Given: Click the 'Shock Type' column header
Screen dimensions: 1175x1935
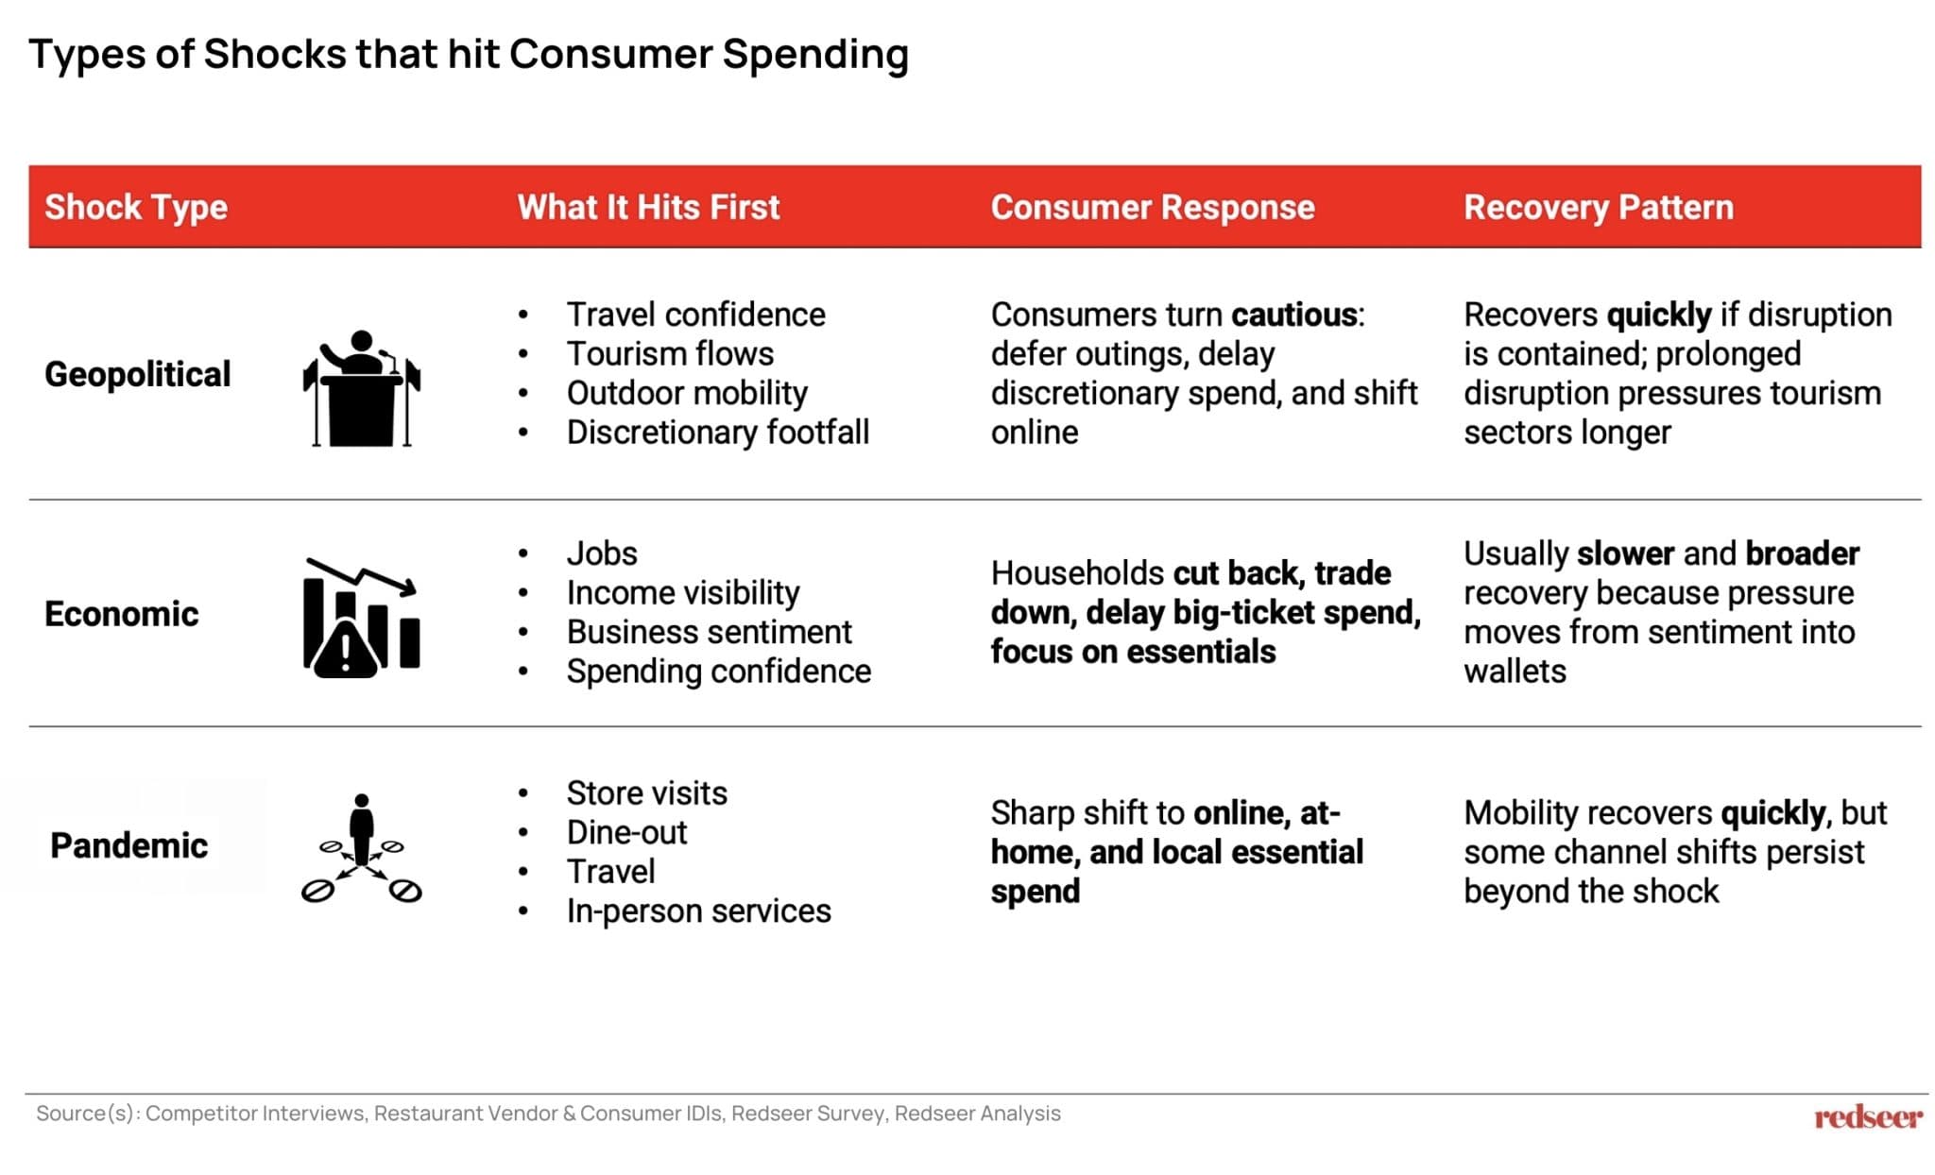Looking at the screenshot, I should pos(136,207).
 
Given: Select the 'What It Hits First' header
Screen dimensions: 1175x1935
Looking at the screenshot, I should pos(648,207).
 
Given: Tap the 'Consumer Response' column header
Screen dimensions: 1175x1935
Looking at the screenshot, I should pos(1152,207).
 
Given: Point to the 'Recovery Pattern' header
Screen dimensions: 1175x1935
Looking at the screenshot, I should pos(1598,207).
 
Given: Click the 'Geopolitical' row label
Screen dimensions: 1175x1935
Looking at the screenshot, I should pos(137,374).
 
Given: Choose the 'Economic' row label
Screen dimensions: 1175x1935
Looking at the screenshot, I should pos(122,614).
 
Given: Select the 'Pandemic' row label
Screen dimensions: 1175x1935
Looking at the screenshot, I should pos(128,845).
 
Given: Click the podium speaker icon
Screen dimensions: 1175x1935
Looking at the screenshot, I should pos(361,388).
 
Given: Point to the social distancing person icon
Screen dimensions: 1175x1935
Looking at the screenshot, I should pos(361,847).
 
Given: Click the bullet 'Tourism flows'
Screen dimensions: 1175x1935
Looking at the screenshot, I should pos(669,354).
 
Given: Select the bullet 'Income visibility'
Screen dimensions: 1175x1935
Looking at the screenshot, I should pos(682,593).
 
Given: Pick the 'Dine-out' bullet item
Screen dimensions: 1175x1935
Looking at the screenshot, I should pos(626,833).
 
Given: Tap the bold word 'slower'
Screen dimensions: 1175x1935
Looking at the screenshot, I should pos(1625,553).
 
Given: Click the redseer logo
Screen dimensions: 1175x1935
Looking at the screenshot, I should pos(1867,1117).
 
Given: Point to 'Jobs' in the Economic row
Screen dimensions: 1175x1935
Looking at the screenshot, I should pos(602,553).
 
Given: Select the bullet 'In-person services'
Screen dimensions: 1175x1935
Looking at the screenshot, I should pos(698,911).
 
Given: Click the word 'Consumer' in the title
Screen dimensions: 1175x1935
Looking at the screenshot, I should pos(610,54).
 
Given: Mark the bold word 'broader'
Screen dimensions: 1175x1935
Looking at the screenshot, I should pos(1802,553).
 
